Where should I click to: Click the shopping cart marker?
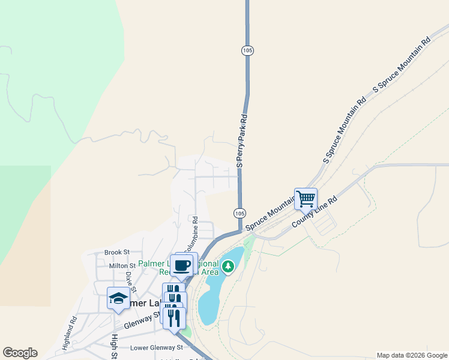pyautogui.click(x=306, y=198)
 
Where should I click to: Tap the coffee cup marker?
pyautogui.click(x=181, y=264)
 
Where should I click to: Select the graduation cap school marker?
pyautogui.click(x=118, y=298)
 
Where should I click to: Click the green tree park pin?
pyautogui.click(x=228, y=266)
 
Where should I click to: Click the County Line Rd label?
pyautogui.click(x=315, y=214)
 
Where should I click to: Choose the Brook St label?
pyautogui.click(x=116, y=253)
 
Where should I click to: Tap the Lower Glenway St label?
pyautogui.click(x=156, y=347)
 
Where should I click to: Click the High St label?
pyautogui.click(x=113, y=344)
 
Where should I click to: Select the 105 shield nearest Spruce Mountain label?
pyautogui.click(x=240, y=213)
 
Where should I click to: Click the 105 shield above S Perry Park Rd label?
pyautogui.click(x=247, y=50)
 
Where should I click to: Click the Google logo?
pyautogui.click(x=20, y=353)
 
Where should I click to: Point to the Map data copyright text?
pyautogui.click(x=412, y=355)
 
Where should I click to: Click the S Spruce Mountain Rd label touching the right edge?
pyautogui.click(x=402, y=65)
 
